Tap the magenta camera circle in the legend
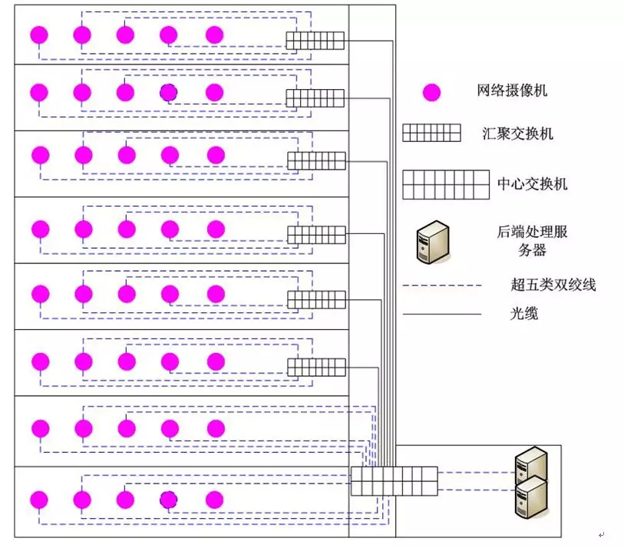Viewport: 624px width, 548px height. pos(432,93)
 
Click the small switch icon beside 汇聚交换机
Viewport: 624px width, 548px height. pos(431,133)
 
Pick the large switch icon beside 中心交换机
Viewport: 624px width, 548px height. pos(446,184)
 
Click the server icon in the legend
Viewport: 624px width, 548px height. pos(431,243)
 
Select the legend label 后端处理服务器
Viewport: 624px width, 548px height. pos(532,240)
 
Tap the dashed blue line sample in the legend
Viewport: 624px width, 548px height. pos(442,286)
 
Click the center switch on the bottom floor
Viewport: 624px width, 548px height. pos(394,480)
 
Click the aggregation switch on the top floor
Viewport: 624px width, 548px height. pos(315,41)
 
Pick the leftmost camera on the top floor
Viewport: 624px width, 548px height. pos(38,35)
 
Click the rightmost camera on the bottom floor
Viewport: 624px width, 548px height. pos(215,500)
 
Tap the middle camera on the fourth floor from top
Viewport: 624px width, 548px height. pos(127,229)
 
